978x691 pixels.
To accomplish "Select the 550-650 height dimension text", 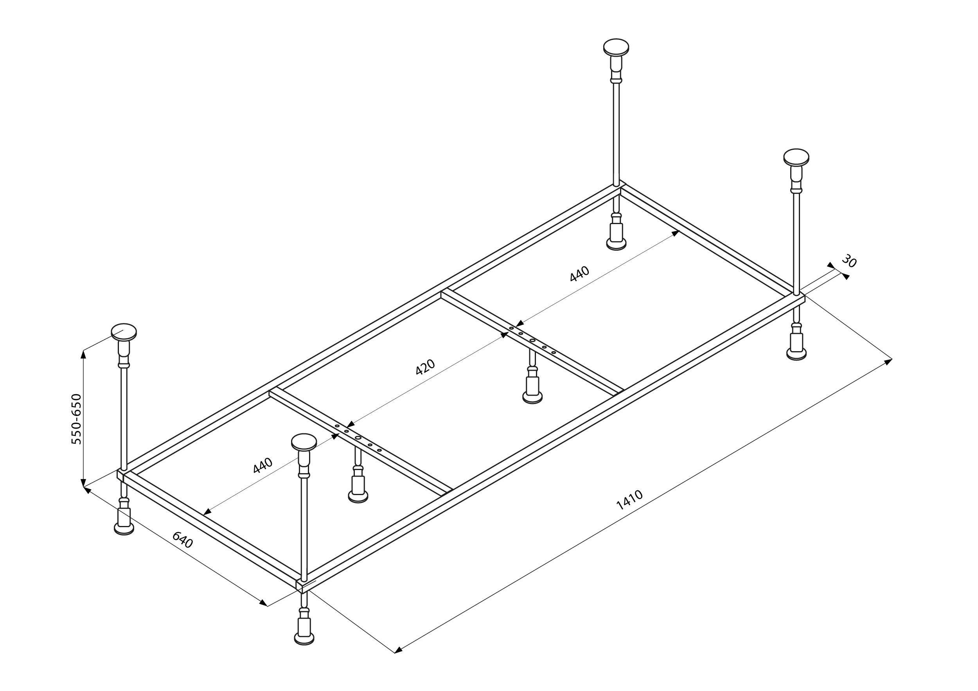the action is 76,419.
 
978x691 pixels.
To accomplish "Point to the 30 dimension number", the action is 849,261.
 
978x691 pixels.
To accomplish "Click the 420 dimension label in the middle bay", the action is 425,366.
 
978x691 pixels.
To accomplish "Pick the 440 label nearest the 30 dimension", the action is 579,273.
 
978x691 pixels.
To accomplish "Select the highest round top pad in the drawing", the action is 616,47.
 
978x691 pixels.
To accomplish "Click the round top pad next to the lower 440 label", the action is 304,442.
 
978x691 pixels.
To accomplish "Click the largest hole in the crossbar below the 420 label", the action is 358,438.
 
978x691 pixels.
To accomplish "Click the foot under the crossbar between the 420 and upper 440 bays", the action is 532,397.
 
